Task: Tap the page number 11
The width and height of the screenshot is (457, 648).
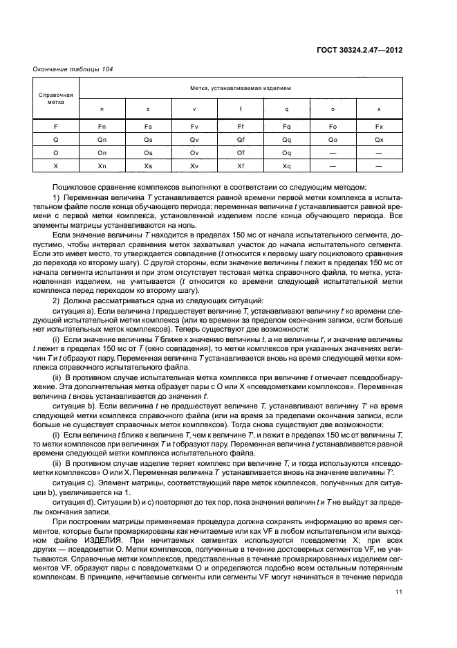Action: coord(398,592)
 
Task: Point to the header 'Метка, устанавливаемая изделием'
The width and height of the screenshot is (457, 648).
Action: coord(241,89)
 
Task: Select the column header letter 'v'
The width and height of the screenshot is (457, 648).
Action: coord(194,109)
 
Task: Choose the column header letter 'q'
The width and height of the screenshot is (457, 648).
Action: coord(286,109)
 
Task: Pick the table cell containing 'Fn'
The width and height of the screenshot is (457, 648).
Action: coord(102,126)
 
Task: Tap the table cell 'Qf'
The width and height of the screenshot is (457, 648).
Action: coord(240,139)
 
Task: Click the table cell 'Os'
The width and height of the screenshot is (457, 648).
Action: coord(148,153)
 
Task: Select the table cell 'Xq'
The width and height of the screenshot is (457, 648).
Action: coord(286,167)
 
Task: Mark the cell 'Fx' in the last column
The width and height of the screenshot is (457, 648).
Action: coord(378,126)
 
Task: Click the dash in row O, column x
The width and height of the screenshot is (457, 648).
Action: coord(378,153)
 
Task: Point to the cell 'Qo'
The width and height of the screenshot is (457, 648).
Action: coord(333,139)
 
